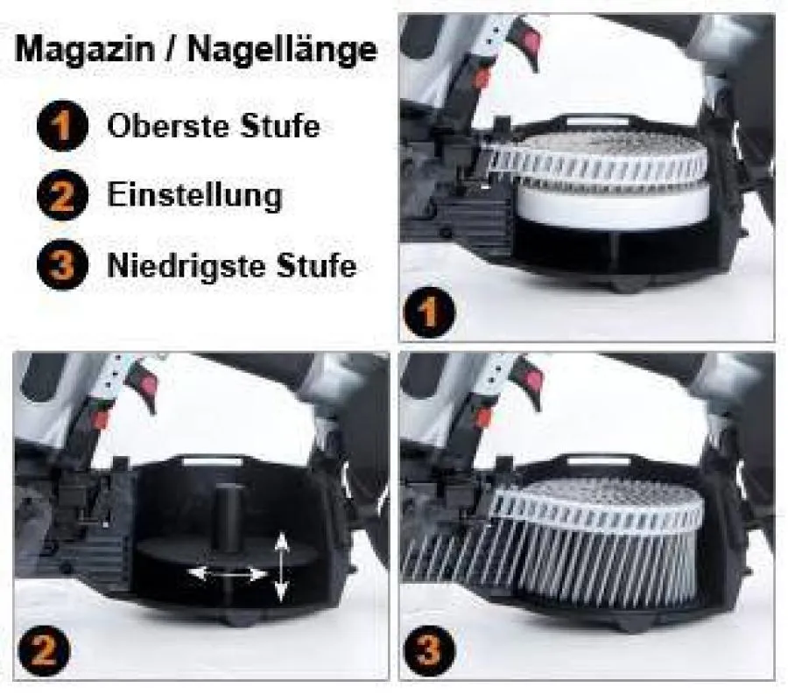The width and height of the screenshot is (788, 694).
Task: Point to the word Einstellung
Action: pos(194,194)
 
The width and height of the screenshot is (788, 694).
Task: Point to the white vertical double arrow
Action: pos(280,567)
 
